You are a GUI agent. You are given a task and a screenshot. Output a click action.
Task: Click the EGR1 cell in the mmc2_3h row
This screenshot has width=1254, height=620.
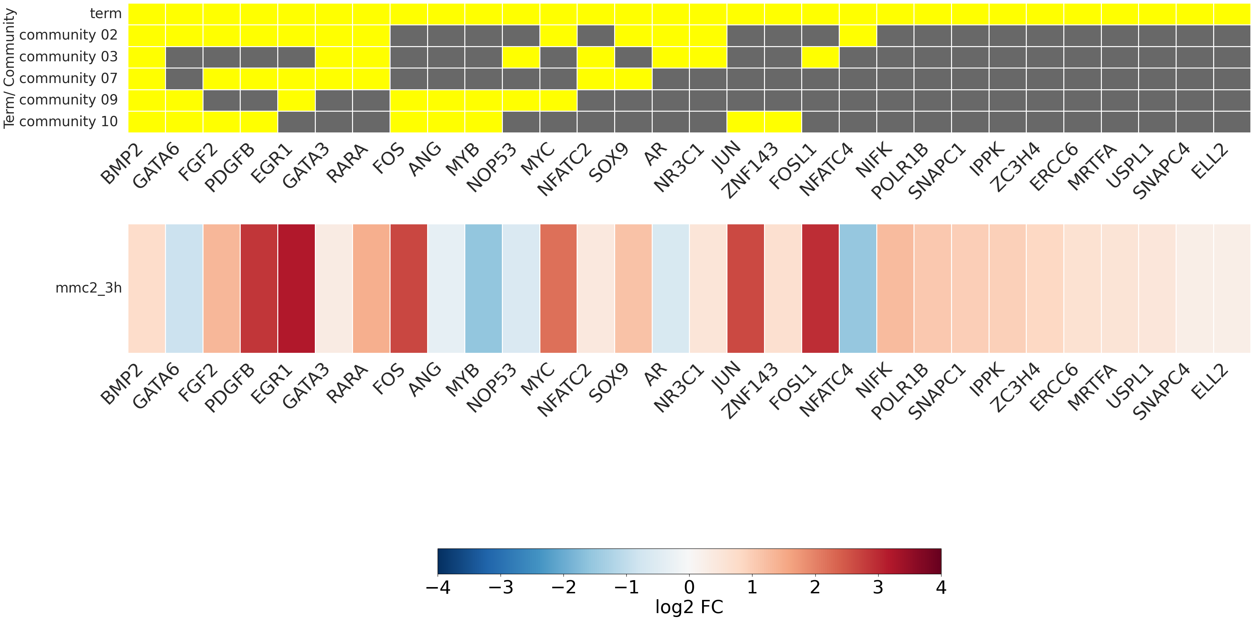(x=296, y=288)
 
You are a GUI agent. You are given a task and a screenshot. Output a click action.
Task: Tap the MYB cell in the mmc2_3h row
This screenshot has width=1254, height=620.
(x=483, y=288)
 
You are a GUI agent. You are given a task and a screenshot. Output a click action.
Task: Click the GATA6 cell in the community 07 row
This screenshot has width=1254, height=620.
(x=184, y=78)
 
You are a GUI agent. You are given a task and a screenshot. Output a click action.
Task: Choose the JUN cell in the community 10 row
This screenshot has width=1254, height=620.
(x=745, y=122)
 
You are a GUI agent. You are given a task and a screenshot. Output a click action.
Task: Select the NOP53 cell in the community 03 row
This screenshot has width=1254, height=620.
(x=521, y=57)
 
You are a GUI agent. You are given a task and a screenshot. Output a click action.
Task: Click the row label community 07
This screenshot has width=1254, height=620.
(x=68, y=78)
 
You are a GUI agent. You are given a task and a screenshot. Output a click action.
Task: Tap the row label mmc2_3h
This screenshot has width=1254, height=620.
(x=89, y=288)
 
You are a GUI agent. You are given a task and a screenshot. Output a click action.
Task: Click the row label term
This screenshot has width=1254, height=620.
(x=106, y=14)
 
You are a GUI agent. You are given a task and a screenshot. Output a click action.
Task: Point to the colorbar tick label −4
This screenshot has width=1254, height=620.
(x=438, y=588)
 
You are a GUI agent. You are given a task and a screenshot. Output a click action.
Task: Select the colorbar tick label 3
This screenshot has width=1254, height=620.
(x=878, y=588)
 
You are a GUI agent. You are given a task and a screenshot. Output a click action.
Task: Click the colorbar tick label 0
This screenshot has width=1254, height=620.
(x=689, y=588)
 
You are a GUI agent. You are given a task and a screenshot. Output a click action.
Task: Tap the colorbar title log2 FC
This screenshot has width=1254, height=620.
(x=689, y=607)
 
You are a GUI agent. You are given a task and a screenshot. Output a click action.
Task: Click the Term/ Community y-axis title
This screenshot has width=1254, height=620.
(x=9, y=68)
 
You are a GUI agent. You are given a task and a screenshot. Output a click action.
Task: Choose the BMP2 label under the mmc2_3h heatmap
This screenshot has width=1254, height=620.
(x=122, y=385)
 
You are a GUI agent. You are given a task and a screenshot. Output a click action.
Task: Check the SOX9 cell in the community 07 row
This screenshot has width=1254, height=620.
(x=633, y=78)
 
